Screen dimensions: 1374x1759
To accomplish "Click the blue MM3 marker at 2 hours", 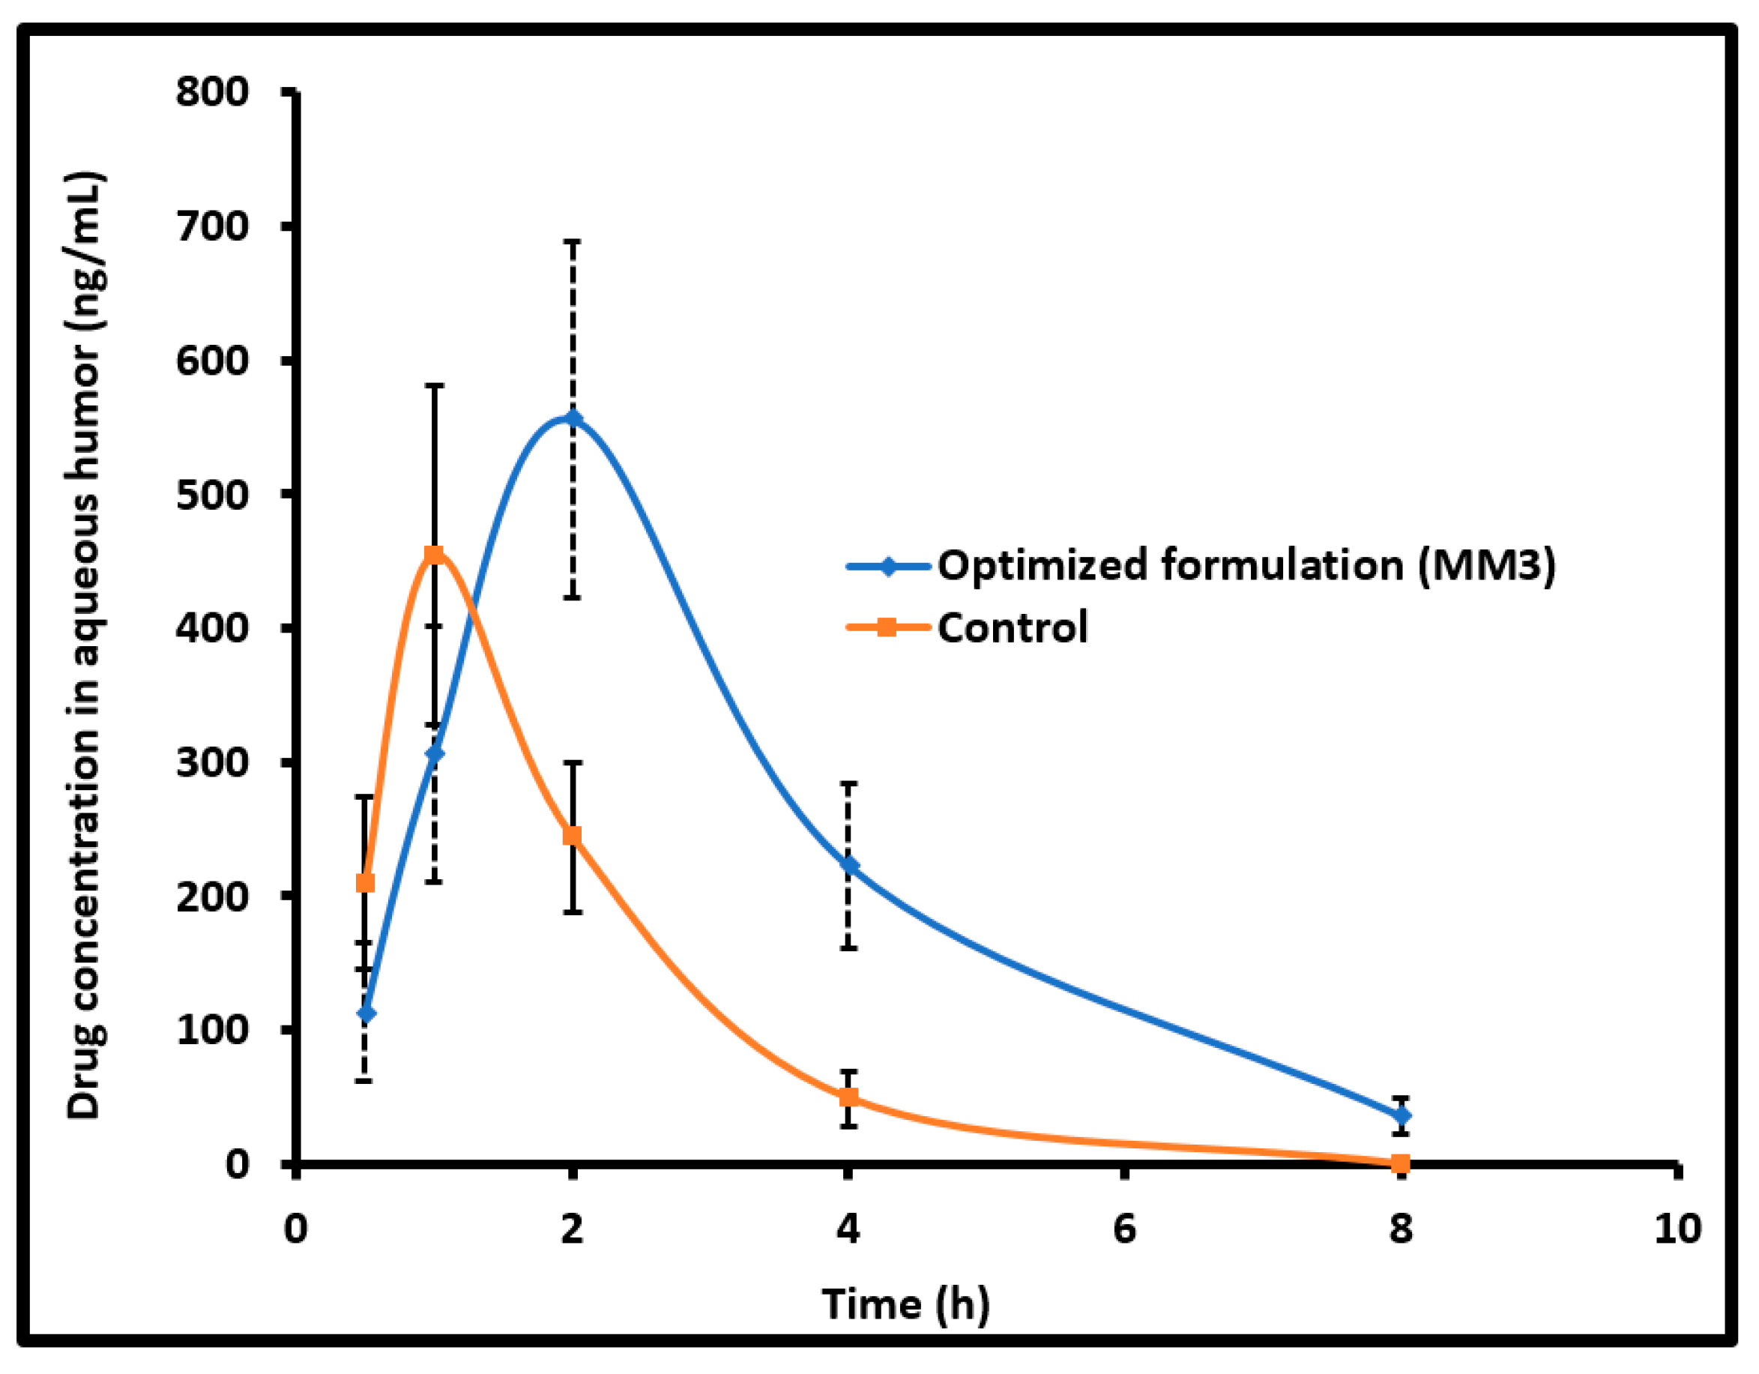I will [573, 419].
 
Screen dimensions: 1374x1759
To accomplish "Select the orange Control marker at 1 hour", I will [434, 554].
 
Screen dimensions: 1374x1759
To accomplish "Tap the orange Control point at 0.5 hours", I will [365, 883].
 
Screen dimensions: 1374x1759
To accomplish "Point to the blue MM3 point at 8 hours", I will [1402, 1115].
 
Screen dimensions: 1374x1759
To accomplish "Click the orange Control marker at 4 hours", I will [848, 1097].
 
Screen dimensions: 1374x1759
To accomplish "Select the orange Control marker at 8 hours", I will [1401, 1163].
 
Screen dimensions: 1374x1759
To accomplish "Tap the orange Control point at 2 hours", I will [573, 835].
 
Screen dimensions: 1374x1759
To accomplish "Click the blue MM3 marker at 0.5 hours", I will [366, 1013].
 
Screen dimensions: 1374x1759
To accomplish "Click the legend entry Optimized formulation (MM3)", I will [1246, 565].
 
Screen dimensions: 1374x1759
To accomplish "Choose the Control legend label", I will [1013, 627].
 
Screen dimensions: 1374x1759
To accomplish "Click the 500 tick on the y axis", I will [213, 495].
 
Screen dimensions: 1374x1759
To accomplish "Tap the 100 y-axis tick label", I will [213, 1030].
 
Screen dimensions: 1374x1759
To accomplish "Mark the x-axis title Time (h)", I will [905, 1304].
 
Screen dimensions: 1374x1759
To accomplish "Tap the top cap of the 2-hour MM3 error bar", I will [573, 241].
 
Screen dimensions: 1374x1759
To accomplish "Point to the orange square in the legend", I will [887, 627].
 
